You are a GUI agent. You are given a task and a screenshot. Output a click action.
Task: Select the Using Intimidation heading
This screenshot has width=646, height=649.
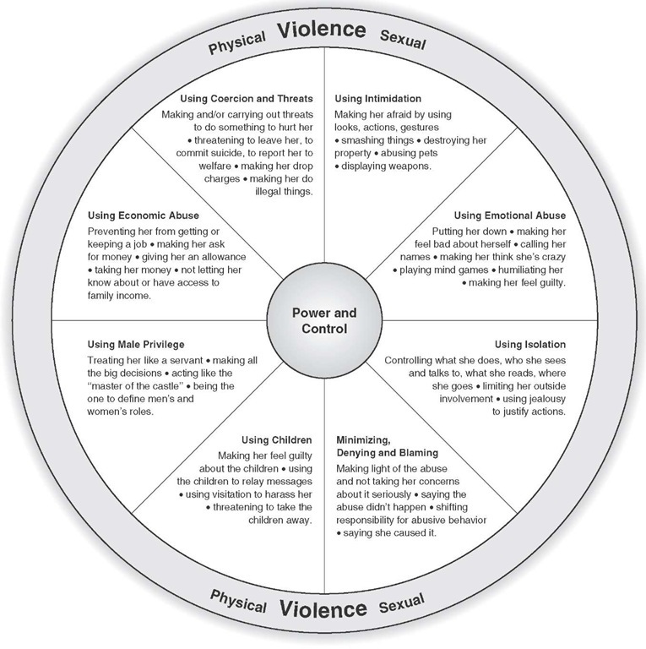coord(377,99)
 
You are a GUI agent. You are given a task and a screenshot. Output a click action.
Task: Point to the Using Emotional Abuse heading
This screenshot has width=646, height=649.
coord(509,215)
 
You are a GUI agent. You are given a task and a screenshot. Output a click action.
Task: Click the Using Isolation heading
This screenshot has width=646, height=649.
coord(529,345)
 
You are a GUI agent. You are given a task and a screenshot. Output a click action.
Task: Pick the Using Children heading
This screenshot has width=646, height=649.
coord(277,440)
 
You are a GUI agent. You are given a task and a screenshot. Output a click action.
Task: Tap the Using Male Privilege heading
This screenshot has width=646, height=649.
coord(136,345)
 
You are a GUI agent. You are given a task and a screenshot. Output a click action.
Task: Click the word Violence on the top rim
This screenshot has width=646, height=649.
coord(322,30)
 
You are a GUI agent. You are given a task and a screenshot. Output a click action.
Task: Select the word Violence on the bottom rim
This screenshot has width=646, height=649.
coord(323,608)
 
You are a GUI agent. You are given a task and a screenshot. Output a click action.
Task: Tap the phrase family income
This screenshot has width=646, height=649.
coord(119,296)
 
